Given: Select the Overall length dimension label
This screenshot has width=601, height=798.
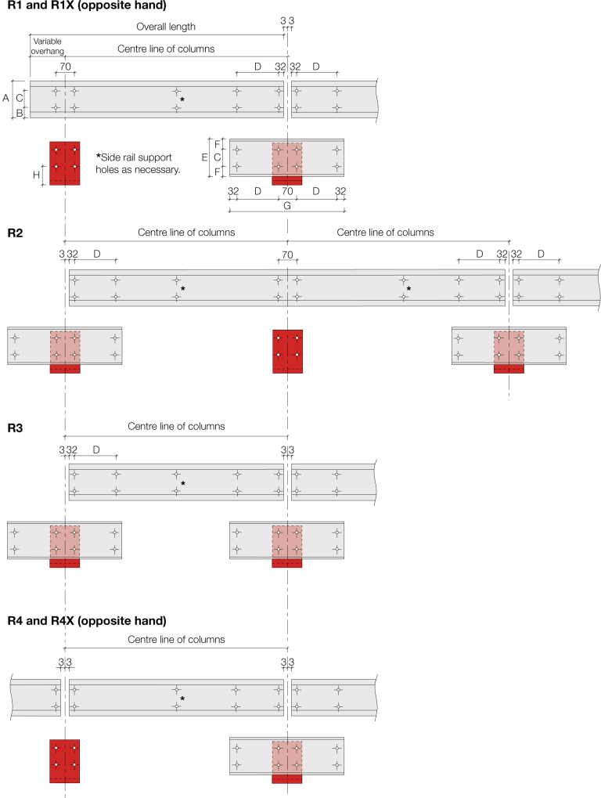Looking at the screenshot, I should point(166,26).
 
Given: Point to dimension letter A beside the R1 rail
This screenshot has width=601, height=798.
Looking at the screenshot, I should point(6,98).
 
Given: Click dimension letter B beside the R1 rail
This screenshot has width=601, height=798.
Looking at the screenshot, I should point(20,113).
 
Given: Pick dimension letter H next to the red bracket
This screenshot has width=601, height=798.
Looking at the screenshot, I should point(36,175).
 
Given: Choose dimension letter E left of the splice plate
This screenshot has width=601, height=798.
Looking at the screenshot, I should point(206,157).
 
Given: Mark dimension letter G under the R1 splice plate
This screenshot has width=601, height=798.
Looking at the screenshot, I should point(287,205).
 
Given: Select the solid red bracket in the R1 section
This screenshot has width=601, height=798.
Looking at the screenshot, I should point(64,163).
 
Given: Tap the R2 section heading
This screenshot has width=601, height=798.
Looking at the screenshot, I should point(15,233).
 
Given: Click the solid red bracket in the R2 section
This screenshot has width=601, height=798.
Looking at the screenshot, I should point(287,352).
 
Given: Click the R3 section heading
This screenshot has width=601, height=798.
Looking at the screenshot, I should point(15,428).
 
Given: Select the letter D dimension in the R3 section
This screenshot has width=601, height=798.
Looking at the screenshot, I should point(96,450).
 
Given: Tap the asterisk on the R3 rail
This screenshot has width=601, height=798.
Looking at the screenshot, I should point(182,484).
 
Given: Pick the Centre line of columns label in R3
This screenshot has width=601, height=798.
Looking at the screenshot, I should point(176,426).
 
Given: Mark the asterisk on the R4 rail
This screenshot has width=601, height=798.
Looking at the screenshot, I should point(182,699).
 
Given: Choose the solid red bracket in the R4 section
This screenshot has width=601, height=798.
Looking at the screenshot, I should point(64,760).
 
